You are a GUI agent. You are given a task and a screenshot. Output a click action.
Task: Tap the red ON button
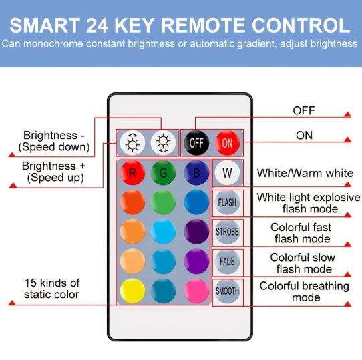pyautogui.click(x=227, y=143)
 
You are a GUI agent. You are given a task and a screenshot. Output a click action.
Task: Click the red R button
pyautogui.click(x=132, y=172)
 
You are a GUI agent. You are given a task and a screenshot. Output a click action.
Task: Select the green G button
pyautogui.click(x=163, y=172)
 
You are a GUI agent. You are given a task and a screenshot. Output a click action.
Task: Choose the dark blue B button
pyautogui.click(x=196, y=172)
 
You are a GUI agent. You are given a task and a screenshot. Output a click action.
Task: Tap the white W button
pyautogui.click(x=227, y=172)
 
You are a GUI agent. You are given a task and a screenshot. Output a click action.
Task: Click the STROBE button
pyautogui.click(x=227, y=232)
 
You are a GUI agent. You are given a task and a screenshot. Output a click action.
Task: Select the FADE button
pyautogui.click(x=227, y=261)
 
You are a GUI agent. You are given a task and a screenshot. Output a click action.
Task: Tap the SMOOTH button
pyautogui.click(x=227, y=291)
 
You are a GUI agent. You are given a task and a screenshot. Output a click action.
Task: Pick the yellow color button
pyautogui.click(x=132, y=291)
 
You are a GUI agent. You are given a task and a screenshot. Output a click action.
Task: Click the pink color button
pyautogui.click(x=196, y=291)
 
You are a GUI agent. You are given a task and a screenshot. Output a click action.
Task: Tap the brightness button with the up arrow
pyautogui.click(x=132, y=143)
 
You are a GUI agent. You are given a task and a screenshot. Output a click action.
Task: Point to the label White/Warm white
pyautogui.click(x=305, y=173)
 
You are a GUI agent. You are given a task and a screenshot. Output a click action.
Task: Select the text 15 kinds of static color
pyautogui.click(x=52, y=289)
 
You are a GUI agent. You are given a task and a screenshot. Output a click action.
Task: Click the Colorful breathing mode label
pyautogui.click(x=305, y=291)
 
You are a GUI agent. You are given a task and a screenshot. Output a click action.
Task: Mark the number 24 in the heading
pyautogui.click(x=98, y=25)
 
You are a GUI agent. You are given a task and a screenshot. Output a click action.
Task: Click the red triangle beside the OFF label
pyautogui.click(x=347, y=114)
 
